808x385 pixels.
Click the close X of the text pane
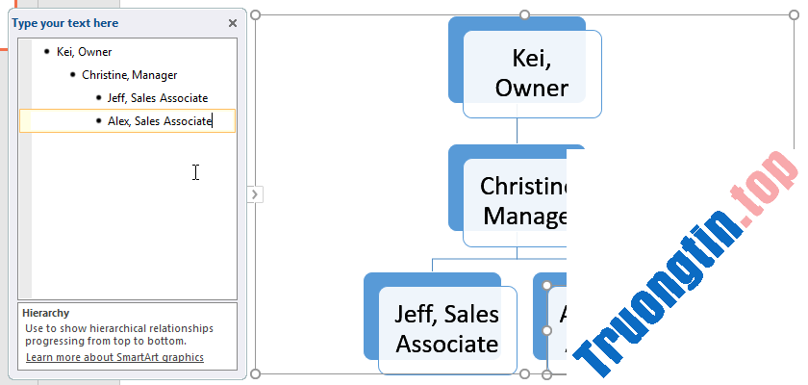pyautogui.click(x=233, y=23)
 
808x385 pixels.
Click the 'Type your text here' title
pyautogui.click(x=65, y=23)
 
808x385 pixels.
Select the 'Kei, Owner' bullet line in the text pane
pyautogui.click(x=84, y=52)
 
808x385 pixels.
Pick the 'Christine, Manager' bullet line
pyautogui.click(x=129, y=74)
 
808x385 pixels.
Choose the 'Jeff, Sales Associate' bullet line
pyautogui.click(x=157, y=97)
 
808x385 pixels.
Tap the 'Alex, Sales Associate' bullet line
pyautogui.click(x=159, y=120)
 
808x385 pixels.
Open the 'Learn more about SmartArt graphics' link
pyautogui.click(x=114, y=357)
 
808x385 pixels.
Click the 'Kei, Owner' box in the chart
pyautogui.click(x=532, y=74)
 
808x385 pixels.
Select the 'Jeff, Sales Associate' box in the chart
pyautogui.click(x=447, y=329)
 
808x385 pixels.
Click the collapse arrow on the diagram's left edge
pyautogui.click(x=255, y=194)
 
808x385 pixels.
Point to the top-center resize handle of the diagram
pyautogui.click(x=525, y=14)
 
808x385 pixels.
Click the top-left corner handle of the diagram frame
pyautogui.click(x=255, y=14)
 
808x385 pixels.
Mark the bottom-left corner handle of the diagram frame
pyautogui.click(x=255, y=373)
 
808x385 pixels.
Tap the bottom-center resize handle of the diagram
pyautogui.click(x=525, y=373)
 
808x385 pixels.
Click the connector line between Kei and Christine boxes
pyautogui.click(x=518, y=131)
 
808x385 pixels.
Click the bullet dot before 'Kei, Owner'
pyautogui.click(x=47, y=52)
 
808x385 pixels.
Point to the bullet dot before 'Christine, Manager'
pyautogui.click(x=72, y=74)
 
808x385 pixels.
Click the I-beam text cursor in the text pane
pyautogui.click(x=195, y=172)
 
